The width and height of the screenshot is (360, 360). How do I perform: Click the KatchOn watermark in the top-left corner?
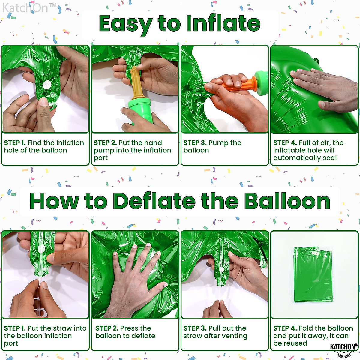(x=29, y=8)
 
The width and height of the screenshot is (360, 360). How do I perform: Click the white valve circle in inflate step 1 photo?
(x=46, y=85)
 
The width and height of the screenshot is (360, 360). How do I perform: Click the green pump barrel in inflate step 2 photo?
(x=140, y=111)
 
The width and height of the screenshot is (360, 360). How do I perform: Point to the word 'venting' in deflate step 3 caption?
(x=234, y=336)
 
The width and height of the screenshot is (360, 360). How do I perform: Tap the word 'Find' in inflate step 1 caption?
(x=34, y=143)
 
